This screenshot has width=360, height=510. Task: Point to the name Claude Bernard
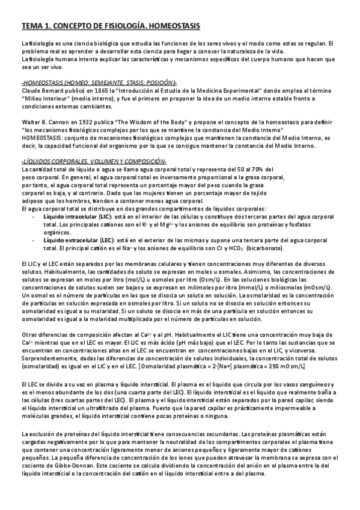[x=42, y=90]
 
